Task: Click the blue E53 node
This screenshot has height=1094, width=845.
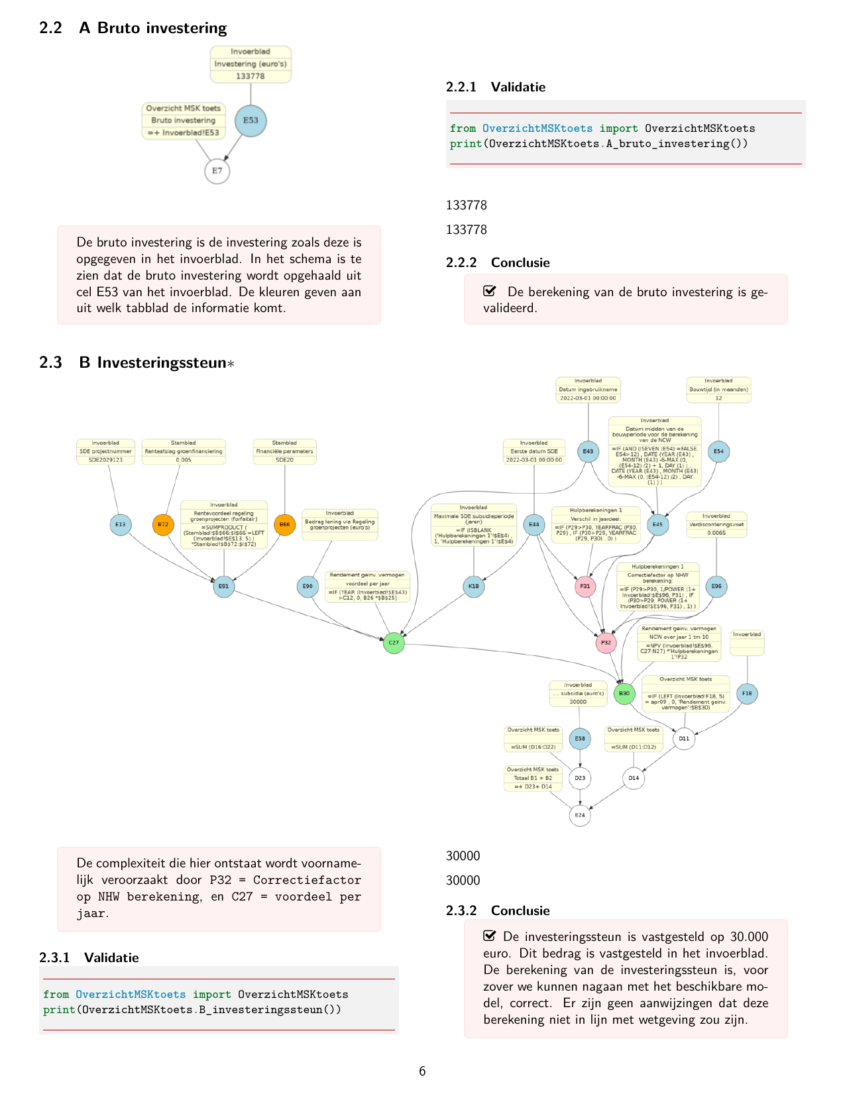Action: tap(251, 121)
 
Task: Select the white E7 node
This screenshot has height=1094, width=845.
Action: tap(217, 171)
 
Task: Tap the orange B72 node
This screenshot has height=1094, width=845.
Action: tap(163, 525)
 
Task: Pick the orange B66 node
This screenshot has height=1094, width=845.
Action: tap(284, 525)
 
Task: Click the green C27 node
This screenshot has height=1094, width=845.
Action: tap(394, 643)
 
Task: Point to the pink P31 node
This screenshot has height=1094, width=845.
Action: tap(585, 586)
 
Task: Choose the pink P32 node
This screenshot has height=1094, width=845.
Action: tap(606, 643)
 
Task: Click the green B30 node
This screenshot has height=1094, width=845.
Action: tap(624, 694)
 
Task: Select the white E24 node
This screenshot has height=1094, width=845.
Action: tap(580, 815)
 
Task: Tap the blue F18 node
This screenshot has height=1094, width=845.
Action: tap(747, 694)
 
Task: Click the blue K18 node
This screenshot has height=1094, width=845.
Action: tap(474, 586)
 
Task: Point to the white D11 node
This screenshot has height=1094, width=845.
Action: tap(684, 738)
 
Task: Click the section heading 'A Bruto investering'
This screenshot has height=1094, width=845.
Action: tap(152, 28)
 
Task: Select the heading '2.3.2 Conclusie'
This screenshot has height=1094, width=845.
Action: tap(498, 910)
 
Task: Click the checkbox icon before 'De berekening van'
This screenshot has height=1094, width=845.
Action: tap(490, 291)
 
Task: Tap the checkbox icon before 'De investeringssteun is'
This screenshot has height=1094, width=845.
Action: tap(490, 936)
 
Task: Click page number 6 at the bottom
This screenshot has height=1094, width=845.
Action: tap(422, 1071)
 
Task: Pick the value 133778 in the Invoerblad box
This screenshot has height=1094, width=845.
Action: tap(251, 76)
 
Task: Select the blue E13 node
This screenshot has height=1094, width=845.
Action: tap(120, 525)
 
